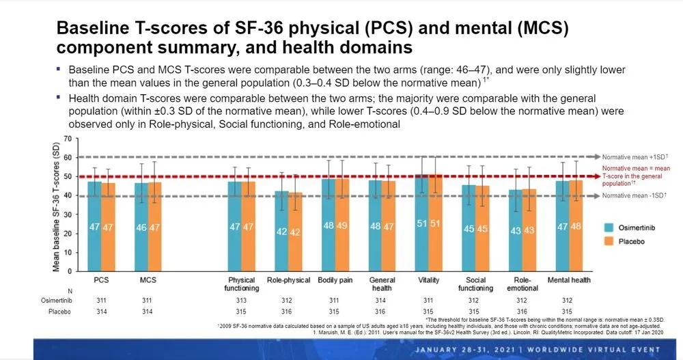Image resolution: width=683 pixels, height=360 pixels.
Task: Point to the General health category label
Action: pyautogui.click(x=382, y=284)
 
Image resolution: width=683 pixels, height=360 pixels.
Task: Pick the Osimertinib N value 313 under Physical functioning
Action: pyautogui.click(x=242, y=300)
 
